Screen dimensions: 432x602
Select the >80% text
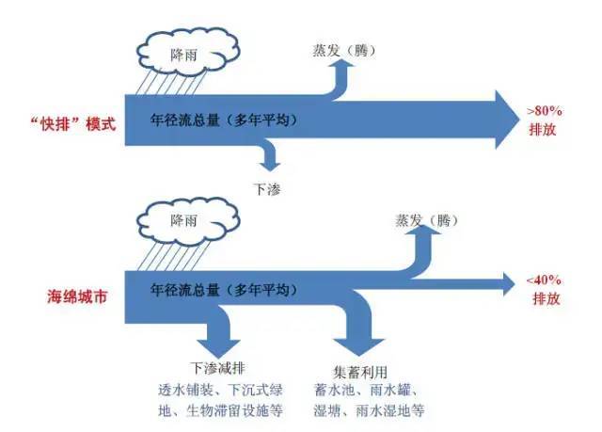click(545, 110)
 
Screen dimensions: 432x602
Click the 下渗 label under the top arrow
click(268, 188)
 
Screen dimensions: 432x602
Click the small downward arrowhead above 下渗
click(268, 162)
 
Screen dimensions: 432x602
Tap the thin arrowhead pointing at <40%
click(508, 280)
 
